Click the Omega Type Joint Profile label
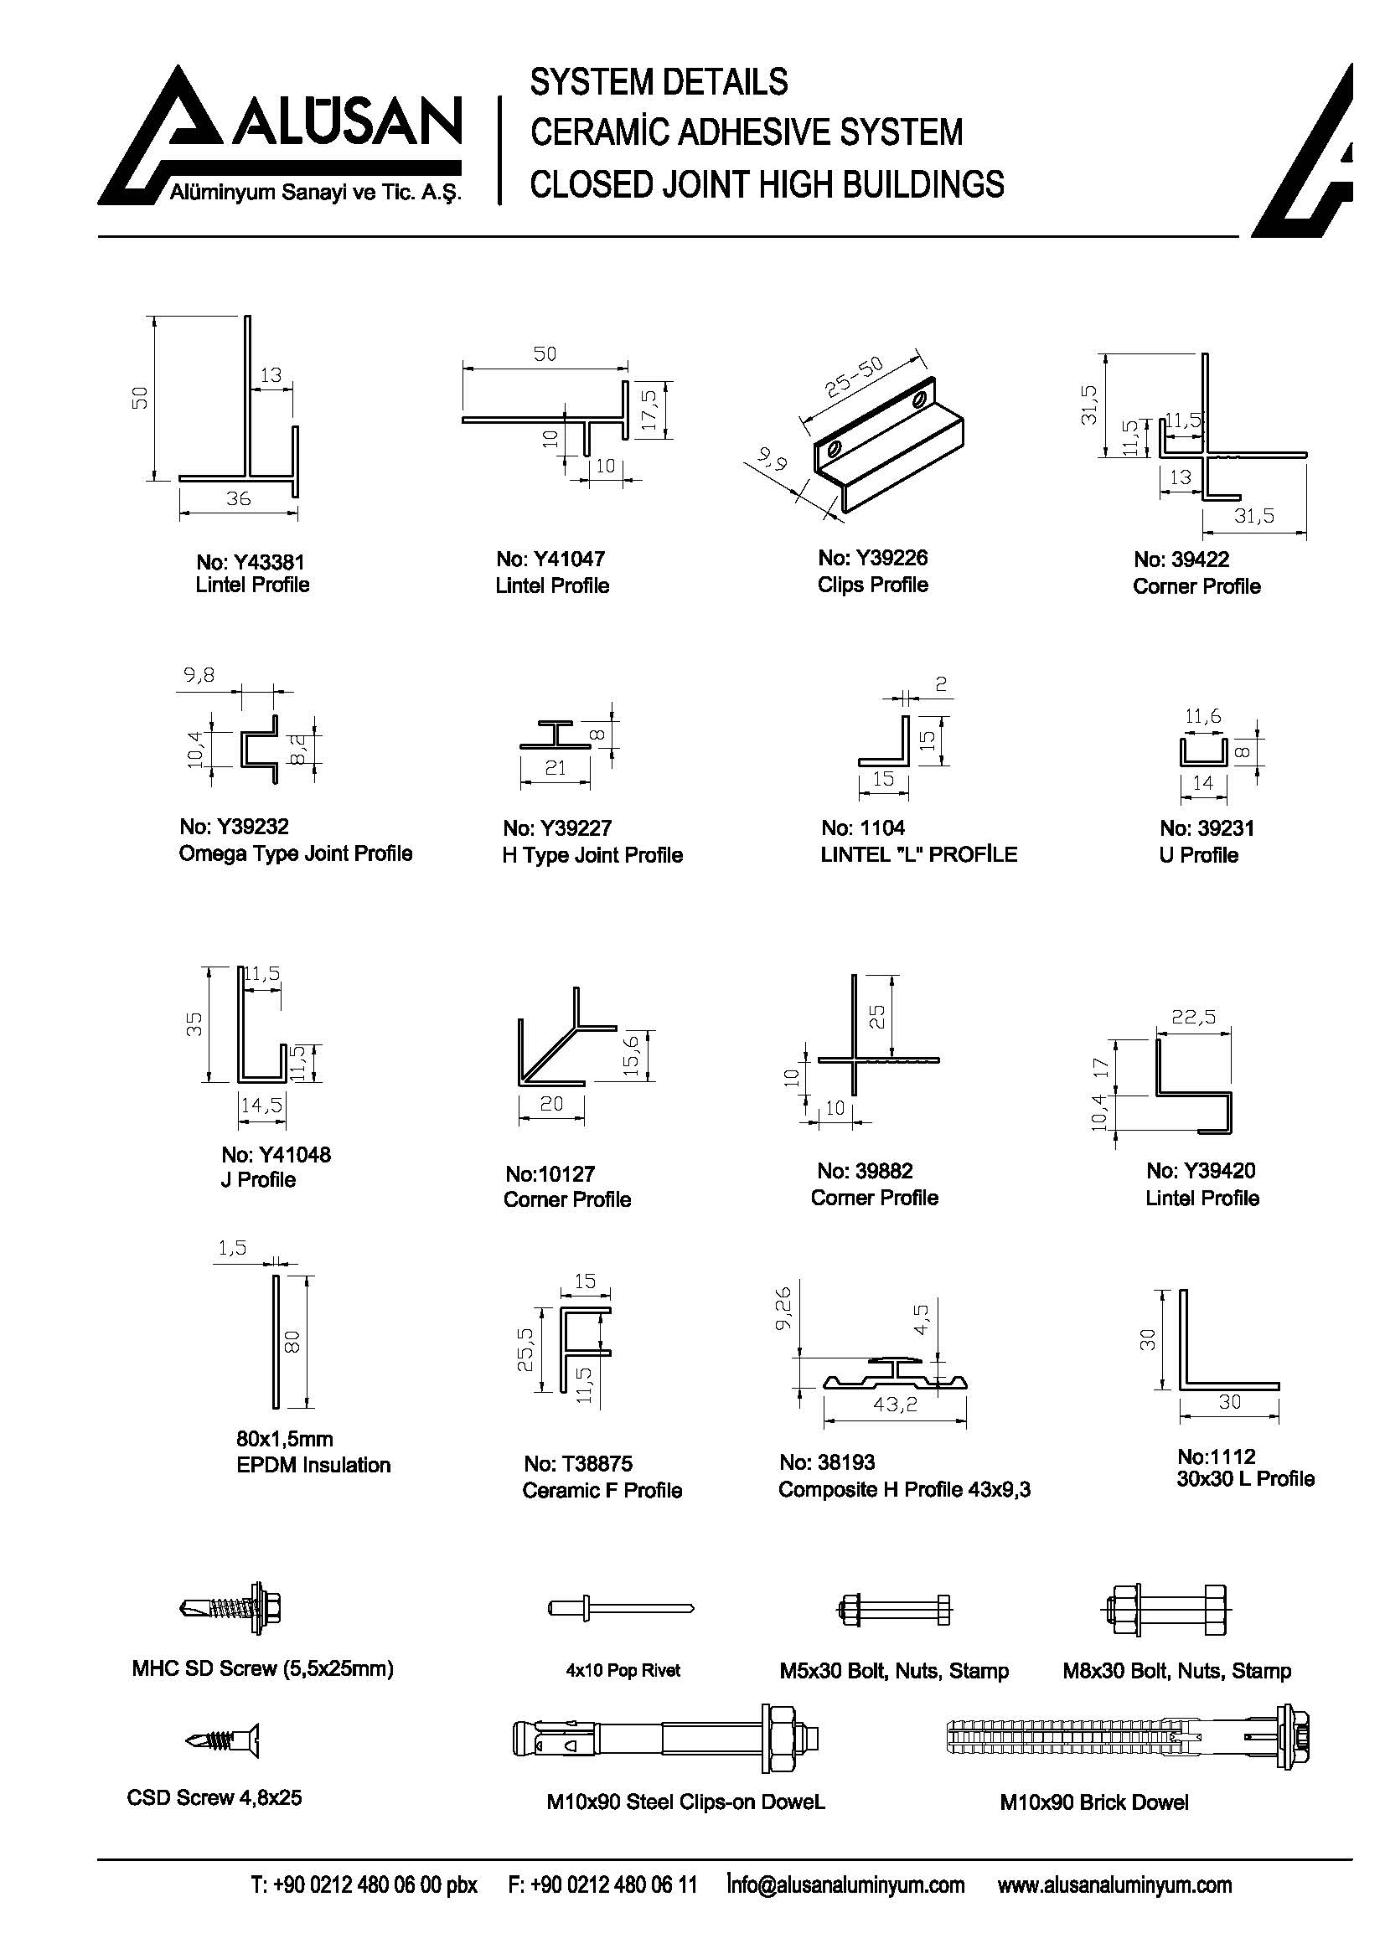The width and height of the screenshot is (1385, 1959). coord(295,853)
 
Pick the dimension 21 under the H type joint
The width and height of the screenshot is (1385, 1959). coord(555,768)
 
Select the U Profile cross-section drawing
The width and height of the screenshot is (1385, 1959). coord(1202,751)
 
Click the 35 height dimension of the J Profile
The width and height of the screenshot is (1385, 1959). coord(194,1023)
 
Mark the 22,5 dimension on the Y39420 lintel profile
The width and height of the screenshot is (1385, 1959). coord(1194,1016)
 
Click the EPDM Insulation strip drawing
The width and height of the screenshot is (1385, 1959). coord(276,1342)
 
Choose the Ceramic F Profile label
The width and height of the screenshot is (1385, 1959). coord(602,1491)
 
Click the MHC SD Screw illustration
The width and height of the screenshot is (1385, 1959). coord(232,1608)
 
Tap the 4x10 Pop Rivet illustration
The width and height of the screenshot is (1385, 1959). coord(619,1608)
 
